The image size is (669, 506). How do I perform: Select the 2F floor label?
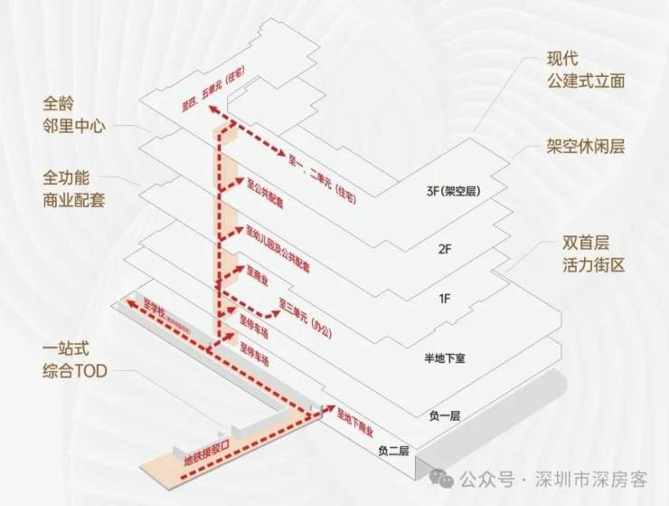[x=443, y=248]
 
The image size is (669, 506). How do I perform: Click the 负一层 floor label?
[x=445, y=415]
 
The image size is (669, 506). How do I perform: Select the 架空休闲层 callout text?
[x=585, y=146]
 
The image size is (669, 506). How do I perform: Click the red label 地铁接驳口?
[x=213, y=449]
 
